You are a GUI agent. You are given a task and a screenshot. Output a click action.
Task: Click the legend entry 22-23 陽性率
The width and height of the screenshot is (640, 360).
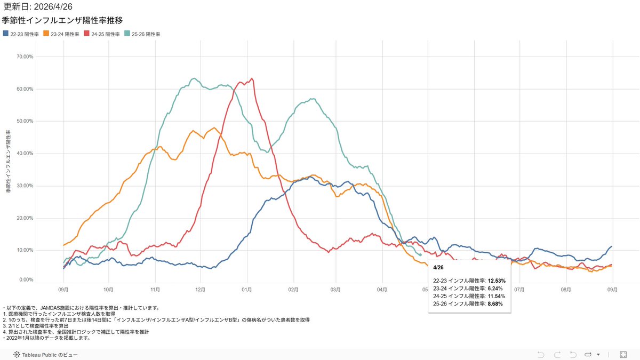point(24,34)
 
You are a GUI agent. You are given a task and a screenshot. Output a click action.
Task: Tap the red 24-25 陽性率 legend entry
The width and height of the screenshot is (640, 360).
point(105,34)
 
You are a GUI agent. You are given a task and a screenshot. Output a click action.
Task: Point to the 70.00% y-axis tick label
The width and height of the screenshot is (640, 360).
point(25,57)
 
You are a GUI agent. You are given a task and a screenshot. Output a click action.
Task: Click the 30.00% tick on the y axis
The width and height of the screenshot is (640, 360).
point(25,186)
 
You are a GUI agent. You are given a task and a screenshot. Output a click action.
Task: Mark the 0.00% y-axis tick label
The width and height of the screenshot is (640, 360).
point(26,279)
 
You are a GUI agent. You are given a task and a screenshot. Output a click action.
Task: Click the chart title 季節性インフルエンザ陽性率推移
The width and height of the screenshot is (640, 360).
point(62,21)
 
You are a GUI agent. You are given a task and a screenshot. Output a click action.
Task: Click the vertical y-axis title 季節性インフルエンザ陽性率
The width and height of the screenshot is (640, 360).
point(8,160)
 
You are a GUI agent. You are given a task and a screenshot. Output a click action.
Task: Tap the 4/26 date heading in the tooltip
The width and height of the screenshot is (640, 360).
point(439,267)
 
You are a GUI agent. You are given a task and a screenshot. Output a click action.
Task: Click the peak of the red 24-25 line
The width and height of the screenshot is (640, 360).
point(252,79)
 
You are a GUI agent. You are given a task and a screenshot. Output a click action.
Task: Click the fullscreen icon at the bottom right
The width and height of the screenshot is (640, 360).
point(623,354)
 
